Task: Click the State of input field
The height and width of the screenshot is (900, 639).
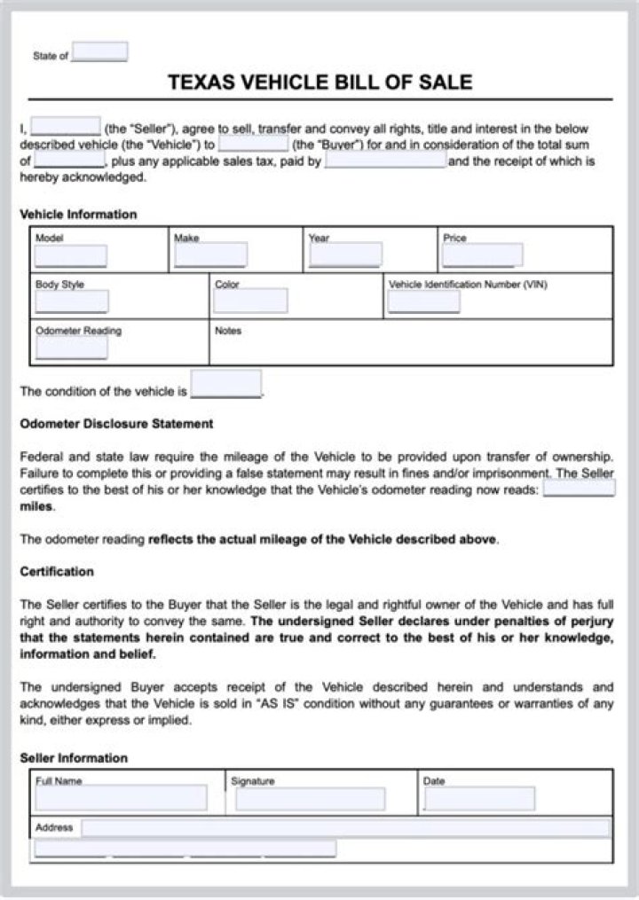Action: click(99, 52)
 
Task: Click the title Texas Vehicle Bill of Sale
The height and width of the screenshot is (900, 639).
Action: click(319, 83)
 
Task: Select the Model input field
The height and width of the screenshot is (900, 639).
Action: click(71, 256)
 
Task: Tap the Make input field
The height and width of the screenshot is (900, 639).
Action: click(210, 255)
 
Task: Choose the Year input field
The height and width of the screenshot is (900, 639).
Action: click(345, 255)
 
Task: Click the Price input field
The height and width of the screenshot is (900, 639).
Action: click(482, 255)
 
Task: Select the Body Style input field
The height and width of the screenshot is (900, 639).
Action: click(71, 301)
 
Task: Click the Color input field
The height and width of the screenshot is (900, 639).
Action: click(251, 301)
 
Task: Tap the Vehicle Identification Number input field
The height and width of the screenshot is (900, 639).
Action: click(423, 301)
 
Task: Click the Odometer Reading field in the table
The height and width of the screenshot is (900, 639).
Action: click(71, 348)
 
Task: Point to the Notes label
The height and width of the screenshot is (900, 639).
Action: click(228, 331)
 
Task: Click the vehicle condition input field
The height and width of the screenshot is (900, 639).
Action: click(226, 385)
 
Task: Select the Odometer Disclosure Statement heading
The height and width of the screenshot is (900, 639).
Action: click(116, 424)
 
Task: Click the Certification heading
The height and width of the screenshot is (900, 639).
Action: click(57, 572)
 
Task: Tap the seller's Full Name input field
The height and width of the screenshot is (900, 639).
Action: click(121, 798)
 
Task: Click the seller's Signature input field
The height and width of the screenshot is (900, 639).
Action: click(311, 799)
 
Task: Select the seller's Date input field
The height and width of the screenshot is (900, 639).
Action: click(480, 799)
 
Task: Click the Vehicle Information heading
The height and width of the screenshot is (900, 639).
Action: click(78, 215)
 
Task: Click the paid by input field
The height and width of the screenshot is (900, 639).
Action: click(385, 160)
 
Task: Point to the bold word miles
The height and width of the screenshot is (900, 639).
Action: click(36, 507)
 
